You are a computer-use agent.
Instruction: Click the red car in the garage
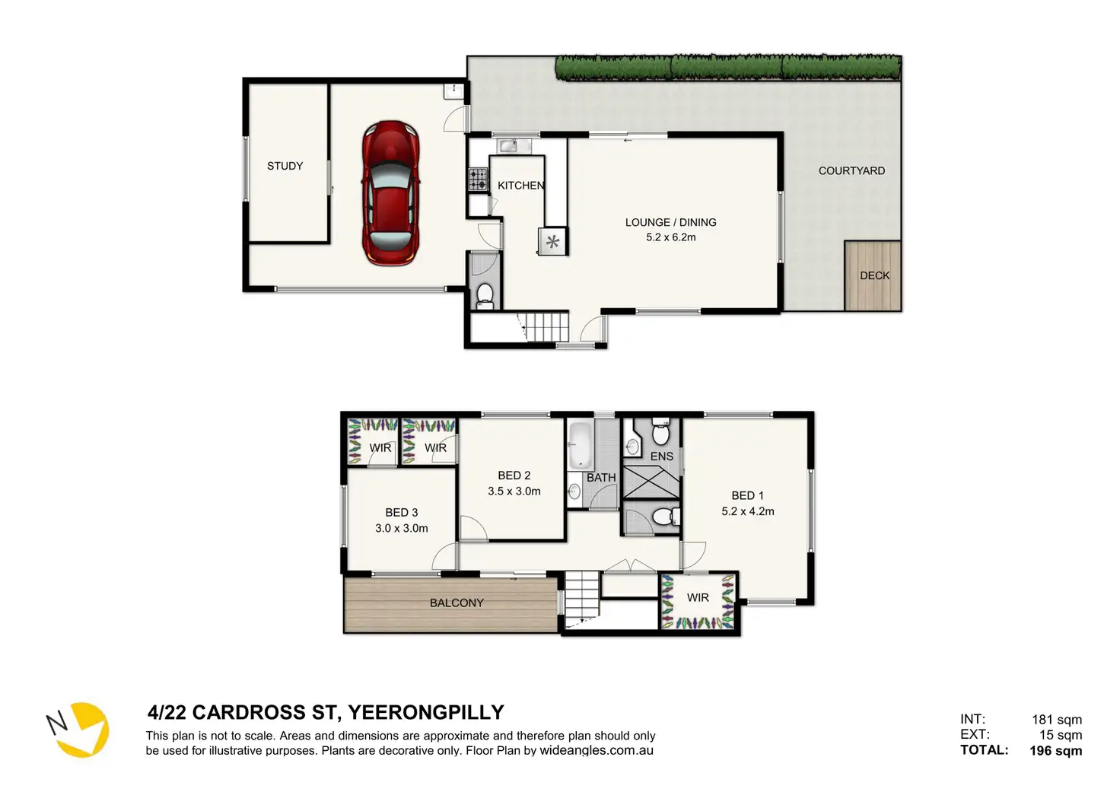[390, 193]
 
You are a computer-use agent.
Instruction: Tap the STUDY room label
[285, 166]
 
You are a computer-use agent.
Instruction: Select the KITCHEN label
[521, 186]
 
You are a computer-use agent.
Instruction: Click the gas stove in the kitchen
[478, 179]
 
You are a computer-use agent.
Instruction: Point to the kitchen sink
[514, 146]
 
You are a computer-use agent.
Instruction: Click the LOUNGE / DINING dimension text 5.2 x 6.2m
[670, 237]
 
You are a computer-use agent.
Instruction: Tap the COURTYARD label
[851, 171]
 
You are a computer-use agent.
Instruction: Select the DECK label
[874, 275]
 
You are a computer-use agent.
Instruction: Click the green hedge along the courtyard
[729, 68]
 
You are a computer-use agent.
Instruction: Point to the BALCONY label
[457, 603]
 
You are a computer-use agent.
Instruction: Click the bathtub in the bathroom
[580, 445]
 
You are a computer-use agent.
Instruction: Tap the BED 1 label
[747, 495]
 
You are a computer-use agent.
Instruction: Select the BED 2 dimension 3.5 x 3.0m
[514, 491]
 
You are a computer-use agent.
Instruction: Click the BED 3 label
[402, 513]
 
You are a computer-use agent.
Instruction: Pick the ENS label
[661, 456]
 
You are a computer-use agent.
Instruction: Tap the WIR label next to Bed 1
[698, 597]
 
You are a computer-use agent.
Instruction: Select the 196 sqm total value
[1055, 750]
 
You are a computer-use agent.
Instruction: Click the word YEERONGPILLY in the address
[426, 712]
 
